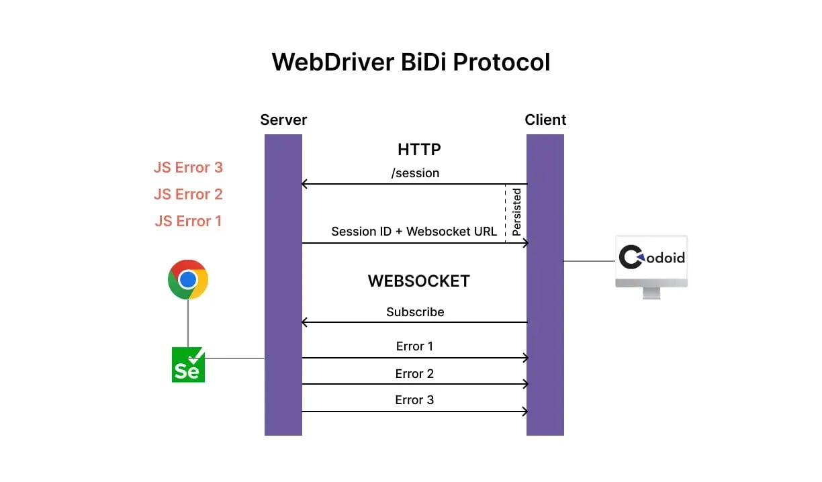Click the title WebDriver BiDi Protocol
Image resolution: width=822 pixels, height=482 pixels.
pyautogui.click(x=410, y=62)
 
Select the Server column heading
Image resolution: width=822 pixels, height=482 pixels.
pyautogui.click(x=283, y=120)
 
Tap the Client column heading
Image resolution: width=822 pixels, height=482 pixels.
pyautogui.click(x=545, y=120)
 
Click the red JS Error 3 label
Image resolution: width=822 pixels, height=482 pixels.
pyautogui.click(x=188, y=167)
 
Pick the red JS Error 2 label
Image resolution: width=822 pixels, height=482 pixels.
pyautogui.click(x=188, y=194)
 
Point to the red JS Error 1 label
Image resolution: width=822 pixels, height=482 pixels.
pyautogui.click(x=188, y=221)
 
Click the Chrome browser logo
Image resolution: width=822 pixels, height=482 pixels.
pyautogui.click(x=188, y=279)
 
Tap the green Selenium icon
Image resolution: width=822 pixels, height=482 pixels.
pyautogui.click(x=188, y=365)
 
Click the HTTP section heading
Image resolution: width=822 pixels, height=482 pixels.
pyautogui.click(x=419, y=149)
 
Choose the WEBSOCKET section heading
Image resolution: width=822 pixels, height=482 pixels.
pyautogui.click(x=418, y=281)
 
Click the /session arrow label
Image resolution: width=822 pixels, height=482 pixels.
pyautogui.click(x=415, y=173)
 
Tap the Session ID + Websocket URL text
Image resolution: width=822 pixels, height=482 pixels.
pyautogui.click(x=414, y=232)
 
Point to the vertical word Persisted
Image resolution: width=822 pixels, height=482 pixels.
pyautogui.click(x=516, y=212)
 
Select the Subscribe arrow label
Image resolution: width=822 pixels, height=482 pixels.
pyautogui.click(x=415, y=312)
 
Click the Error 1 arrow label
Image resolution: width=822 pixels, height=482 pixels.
pyautogui.click(x=414, y=346)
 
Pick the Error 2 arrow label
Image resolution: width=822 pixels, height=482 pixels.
pyautogui.click(x=414, y=374)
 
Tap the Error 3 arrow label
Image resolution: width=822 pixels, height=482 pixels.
pyautogui.click(x=414, y=400)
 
